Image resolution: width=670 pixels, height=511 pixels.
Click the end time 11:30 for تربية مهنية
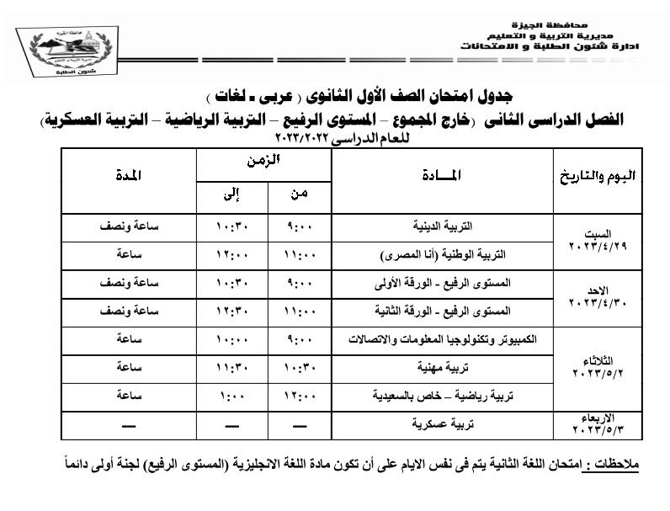pyautogui.click(x=231, y=367)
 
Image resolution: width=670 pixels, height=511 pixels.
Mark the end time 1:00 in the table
pyautogui.click(x=231, y=396)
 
